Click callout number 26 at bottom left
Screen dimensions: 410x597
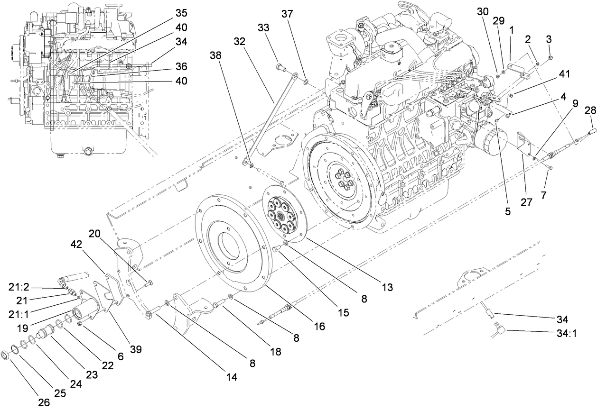(43, 403)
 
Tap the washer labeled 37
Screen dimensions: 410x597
(306, 82)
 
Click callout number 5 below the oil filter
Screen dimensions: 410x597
(508, 212)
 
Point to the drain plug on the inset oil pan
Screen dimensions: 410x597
(88, 152)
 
